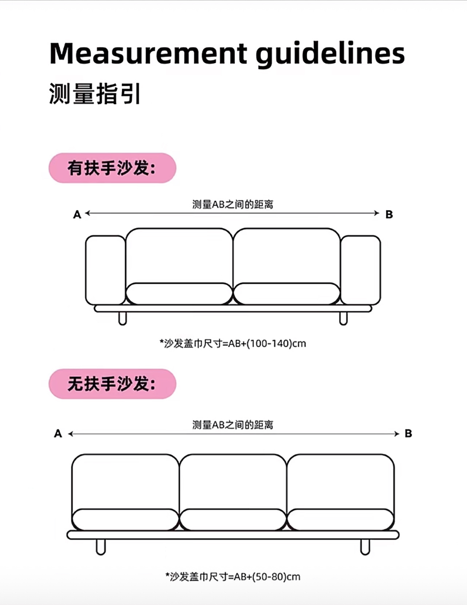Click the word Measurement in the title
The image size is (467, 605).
click(148, 54)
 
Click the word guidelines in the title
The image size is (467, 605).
click(330, 55)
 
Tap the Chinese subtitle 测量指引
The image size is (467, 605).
click(95, 94)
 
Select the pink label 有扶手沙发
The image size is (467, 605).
click(112, 168)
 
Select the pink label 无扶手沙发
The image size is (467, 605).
click(112, 384)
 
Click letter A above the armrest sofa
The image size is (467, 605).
click(77, 215)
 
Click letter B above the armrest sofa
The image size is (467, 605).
click(389, 215)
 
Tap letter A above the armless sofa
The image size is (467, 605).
click(58, 433)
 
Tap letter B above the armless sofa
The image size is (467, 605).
click(408, 433)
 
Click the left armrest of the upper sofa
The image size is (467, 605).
click(105, 270)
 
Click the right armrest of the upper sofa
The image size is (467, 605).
click(360, 270)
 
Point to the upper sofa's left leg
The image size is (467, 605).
click(123, 318)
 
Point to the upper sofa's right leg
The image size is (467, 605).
click(343, 318)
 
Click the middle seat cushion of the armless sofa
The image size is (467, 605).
click(233, 519)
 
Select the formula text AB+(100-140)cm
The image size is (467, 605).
click(267, 343)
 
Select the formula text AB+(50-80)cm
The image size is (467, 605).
click(267, 577)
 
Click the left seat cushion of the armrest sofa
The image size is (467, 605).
click(179, 294)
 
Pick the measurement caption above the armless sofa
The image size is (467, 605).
click(233, 425)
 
